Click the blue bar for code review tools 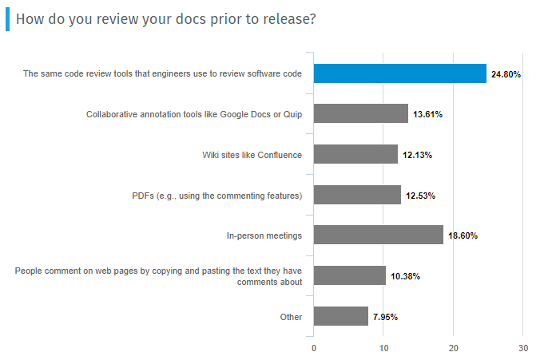[x=399, y=73]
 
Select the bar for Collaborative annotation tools [x=361, y=114]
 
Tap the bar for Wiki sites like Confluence [x=355, y=154]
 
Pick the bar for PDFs [x=357, y=195]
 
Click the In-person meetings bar [x=378, y=235]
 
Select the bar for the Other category [x=341, y=316]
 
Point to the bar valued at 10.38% [x=350, y=275]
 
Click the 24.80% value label [x=506, y=74]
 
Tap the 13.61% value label [x=428, y=115]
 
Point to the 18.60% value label [x=463, y=235]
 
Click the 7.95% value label [x=385, y=317]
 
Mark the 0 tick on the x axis [x=314, y=348]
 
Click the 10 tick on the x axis [x=383, y=348]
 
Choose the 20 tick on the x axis [x=453, y=348]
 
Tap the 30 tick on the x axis [x=522, y=348]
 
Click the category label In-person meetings [x=264, y=235]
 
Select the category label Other [x=291, y=317]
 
